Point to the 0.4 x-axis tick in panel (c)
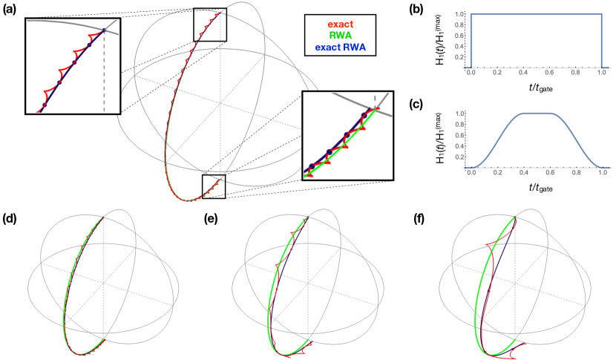point(524,179)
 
